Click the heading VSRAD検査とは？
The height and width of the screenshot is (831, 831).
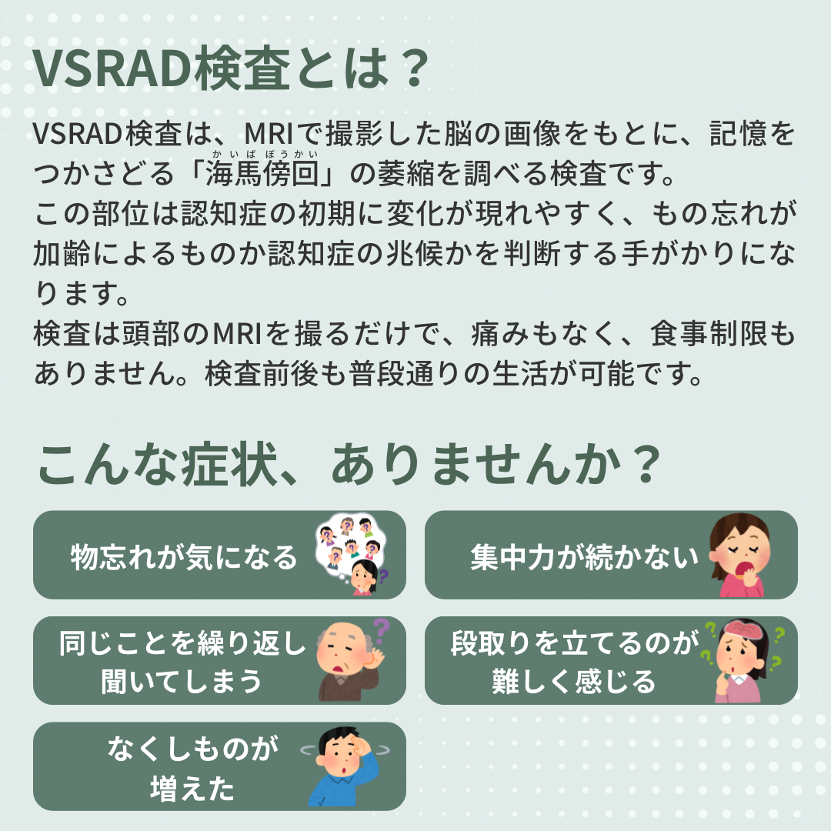(231, 69)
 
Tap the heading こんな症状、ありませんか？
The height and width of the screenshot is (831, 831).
(349, 464)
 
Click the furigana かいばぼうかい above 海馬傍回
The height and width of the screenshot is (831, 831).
(265, 154)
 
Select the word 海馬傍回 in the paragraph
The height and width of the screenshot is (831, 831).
(262, 173)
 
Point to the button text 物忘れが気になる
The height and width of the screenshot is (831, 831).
(184, 557)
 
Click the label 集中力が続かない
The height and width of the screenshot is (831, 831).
(585, 557)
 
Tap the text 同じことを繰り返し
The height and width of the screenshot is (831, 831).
(183, 642)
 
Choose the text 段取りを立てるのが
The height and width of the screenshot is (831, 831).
(575, 642)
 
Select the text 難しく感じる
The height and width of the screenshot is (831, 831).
(574, 682)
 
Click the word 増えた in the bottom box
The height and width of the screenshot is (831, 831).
(192, 788)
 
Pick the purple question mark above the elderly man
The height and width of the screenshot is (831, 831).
(381, 631)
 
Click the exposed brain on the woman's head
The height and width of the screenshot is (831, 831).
(745, 631)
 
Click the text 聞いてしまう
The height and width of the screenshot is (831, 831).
(182, 682)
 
